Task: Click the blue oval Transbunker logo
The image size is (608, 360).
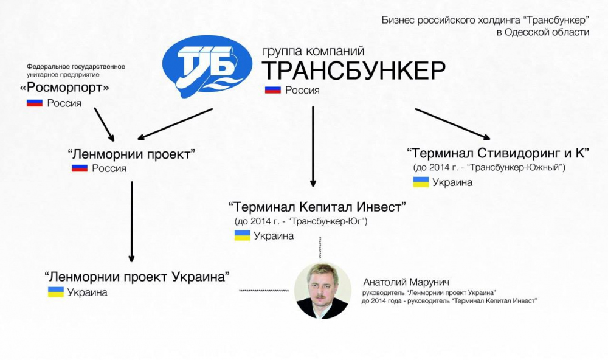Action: click(x=207, y=67)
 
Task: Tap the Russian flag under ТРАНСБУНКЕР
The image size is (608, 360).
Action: click(x=272, y=90)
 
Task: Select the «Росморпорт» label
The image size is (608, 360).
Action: click(x=64, y=88)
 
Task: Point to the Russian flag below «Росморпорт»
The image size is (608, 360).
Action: click(x=35, y=103)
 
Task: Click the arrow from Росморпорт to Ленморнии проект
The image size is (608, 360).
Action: click(x=105, y=125)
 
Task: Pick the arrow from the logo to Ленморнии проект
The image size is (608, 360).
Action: click(x=175, y=124)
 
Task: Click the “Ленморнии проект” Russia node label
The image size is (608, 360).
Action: click(x=131, y=154)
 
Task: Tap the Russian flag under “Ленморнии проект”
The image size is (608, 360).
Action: click(x=80, y=168)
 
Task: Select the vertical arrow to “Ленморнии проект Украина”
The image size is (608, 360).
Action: click(x=132, y=222)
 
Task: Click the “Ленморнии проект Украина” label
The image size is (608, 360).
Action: click(x=137, y=277)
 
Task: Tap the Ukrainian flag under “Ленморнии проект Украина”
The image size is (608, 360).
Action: click(x=56, y=292)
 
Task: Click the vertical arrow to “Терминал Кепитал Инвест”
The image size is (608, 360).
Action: click(x=313, y=147)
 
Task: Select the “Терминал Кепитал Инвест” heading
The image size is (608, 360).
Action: click(x=317, y=207)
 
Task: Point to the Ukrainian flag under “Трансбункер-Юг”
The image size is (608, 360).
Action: click(x=243, y=235)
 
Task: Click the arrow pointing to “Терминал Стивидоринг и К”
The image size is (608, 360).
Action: click(x=453, y=124)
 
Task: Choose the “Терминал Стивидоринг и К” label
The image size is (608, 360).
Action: click(x=498, y=153)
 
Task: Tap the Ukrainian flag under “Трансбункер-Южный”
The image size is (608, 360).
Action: click(x=421, y=182)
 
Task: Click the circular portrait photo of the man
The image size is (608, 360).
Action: click(x=323, y=291)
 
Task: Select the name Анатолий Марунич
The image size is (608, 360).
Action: click(x=406, y=282)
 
